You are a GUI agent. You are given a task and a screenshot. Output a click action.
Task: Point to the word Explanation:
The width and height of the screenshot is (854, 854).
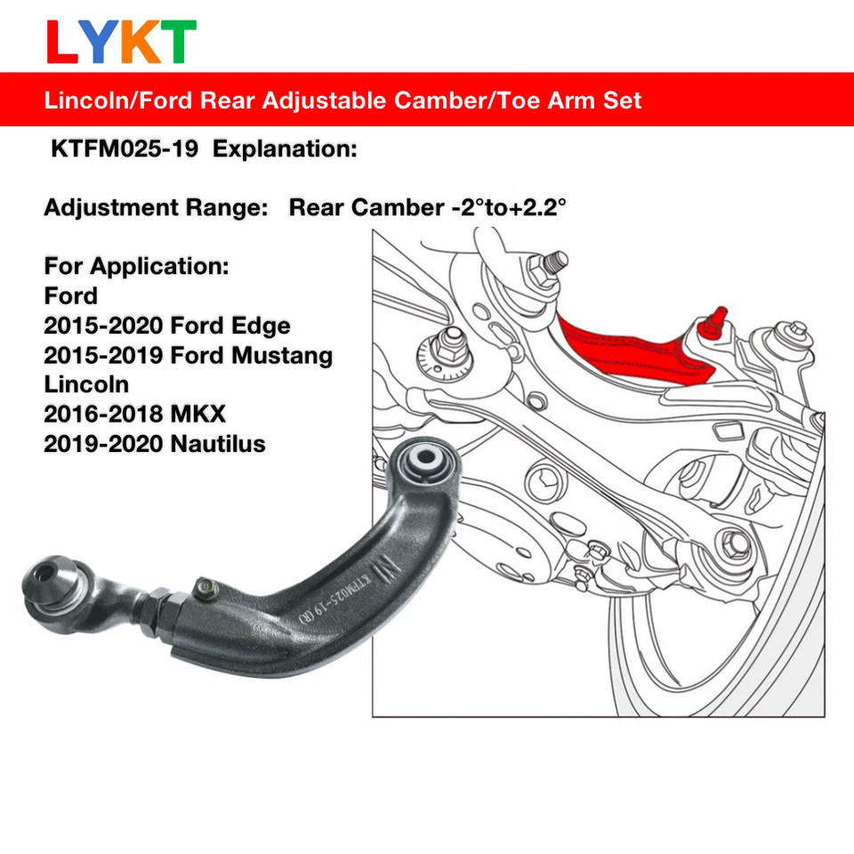click(285, 149)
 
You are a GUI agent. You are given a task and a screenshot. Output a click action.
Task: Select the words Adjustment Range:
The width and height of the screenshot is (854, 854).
click(156, 208)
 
